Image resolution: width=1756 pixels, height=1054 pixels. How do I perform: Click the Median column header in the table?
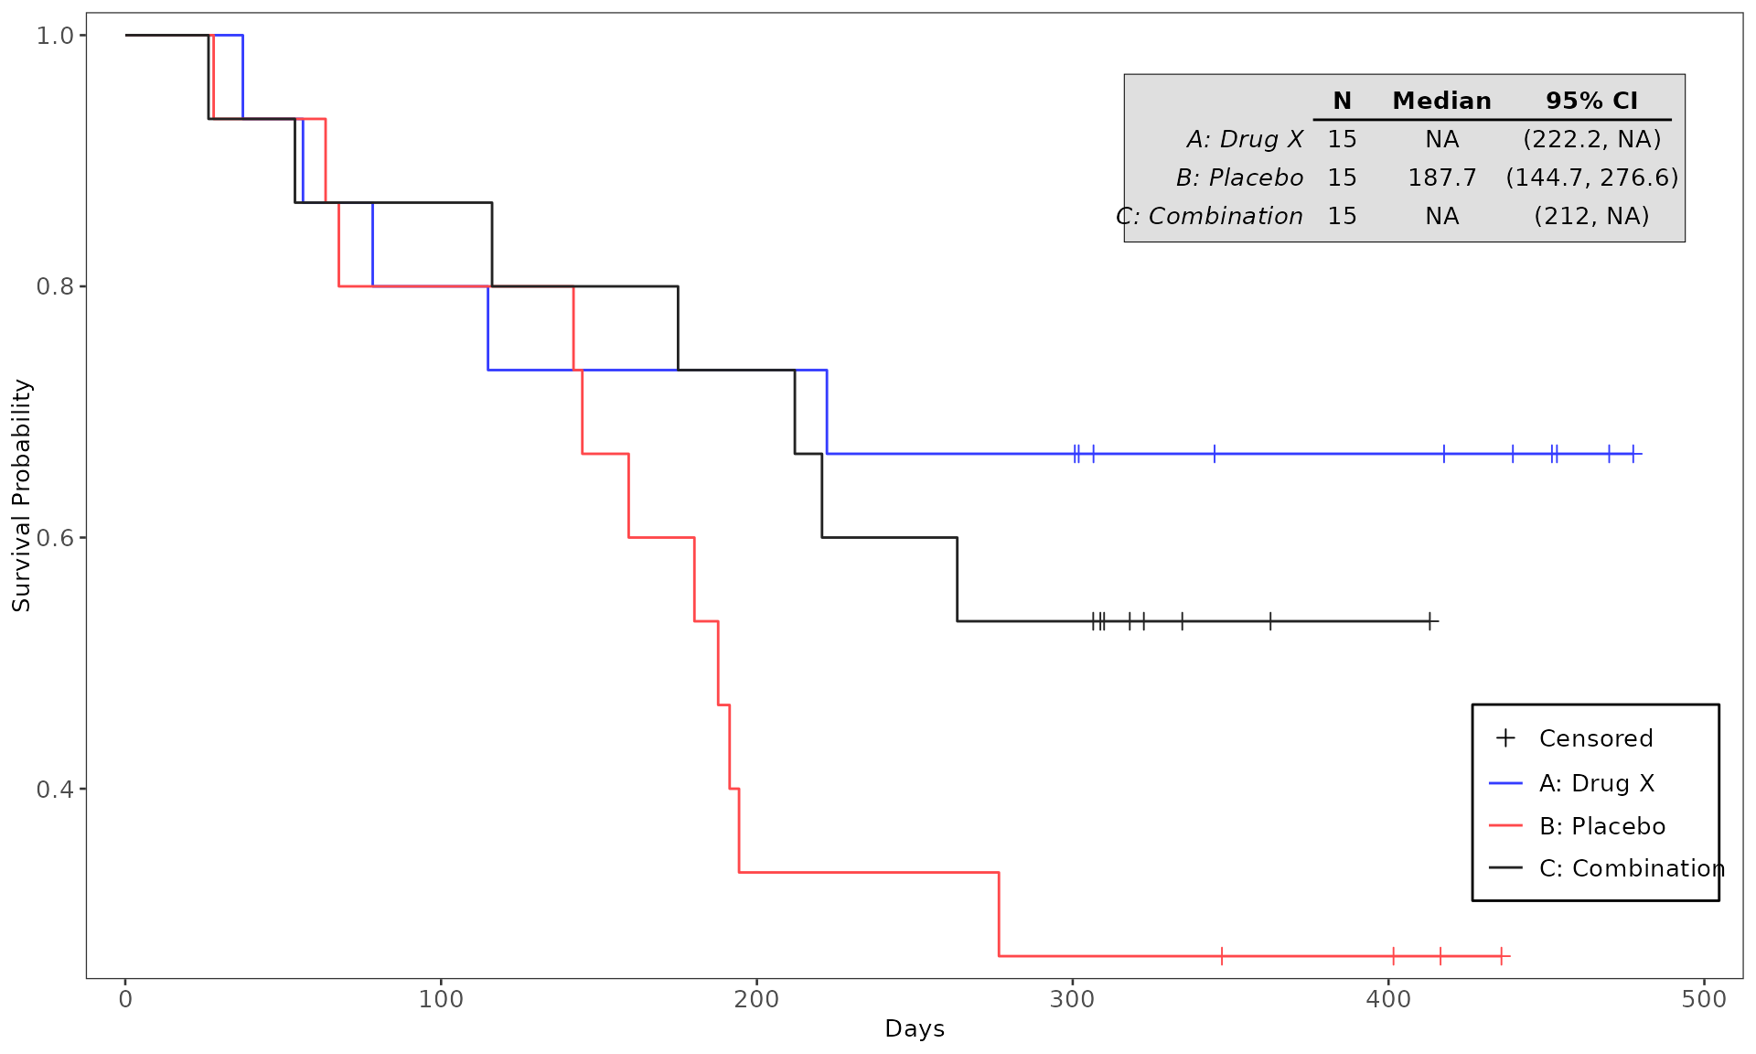tap(1441, 101)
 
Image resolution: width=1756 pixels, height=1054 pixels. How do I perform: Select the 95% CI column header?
tap(1591, 101)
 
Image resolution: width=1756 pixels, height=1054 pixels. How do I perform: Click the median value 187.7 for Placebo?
tap(1441, 177)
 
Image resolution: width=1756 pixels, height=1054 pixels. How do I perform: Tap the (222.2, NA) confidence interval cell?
tap(1591, 139)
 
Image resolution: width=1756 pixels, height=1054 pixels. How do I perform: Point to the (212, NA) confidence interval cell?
tap(1591, 216)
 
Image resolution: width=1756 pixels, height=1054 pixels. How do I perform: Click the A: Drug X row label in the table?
tap(1245, 139)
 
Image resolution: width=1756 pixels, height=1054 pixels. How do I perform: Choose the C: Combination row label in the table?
tap(1210, 216)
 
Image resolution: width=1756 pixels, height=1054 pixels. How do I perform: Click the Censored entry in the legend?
tap(1595, 738)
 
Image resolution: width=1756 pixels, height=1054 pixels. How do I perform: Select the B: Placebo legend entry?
tap(1601, 826)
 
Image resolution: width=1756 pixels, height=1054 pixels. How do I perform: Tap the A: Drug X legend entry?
tap(1596, 783)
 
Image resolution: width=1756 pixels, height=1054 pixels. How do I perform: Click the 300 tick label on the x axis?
tap(1072, 999)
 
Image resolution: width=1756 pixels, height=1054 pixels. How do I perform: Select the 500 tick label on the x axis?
tap(1704, 999)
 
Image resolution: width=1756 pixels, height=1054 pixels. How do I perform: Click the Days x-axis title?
tap(915, 1029)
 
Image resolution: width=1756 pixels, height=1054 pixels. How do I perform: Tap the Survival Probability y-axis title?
tap(22, 495)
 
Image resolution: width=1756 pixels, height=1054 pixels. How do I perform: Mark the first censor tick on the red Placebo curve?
tap(1222, 956)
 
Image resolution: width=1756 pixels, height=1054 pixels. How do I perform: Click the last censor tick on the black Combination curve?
tap(1429, 621)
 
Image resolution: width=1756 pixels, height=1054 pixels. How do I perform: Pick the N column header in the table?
tap(1342, 101)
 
